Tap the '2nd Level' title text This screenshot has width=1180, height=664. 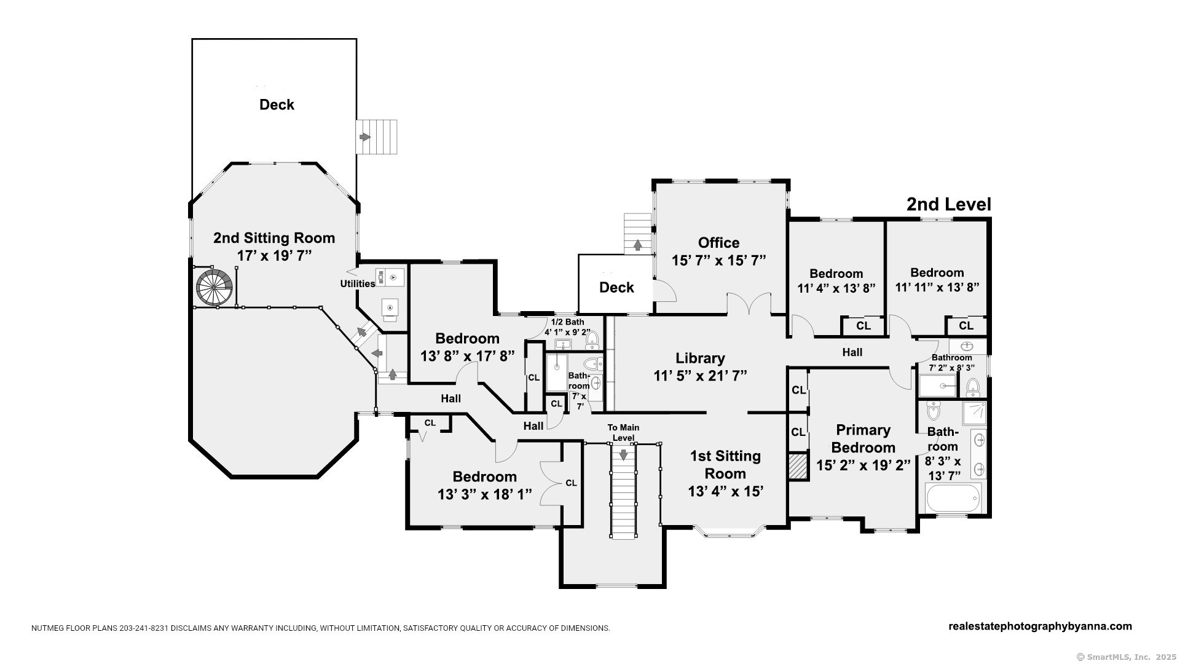tap(948, 205)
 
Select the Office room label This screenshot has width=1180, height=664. tap(718, 242)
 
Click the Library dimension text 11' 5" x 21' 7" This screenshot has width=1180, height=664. tap(700, 376)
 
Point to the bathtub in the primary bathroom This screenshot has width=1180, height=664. tap(953, 497)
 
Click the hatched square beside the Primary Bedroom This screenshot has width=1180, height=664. tap(798, 466)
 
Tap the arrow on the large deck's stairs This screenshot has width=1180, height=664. tap(365, 136)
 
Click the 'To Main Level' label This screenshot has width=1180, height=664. tap(623, 432)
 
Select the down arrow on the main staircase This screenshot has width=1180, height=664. tap(623, 455)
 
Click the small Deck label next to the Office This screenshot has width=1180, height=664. tap(616, 287)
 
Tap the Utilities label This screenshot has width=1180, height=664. tap(358, 283)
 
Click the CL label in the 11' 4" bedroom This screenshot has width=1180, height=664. tap(863, 326)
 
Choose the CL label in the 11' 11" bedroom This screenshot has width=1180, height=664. tap(966, 326)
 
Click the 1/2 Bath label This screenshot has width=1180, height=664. tap(567, 322)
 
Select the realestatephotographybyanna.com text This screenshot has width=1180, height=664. tap(1040, 626)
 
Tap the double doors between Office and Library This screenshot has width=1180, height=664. tap(749, 304)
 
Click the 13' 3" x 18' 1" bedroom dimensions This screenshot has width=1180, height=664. tap(484, 494)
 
